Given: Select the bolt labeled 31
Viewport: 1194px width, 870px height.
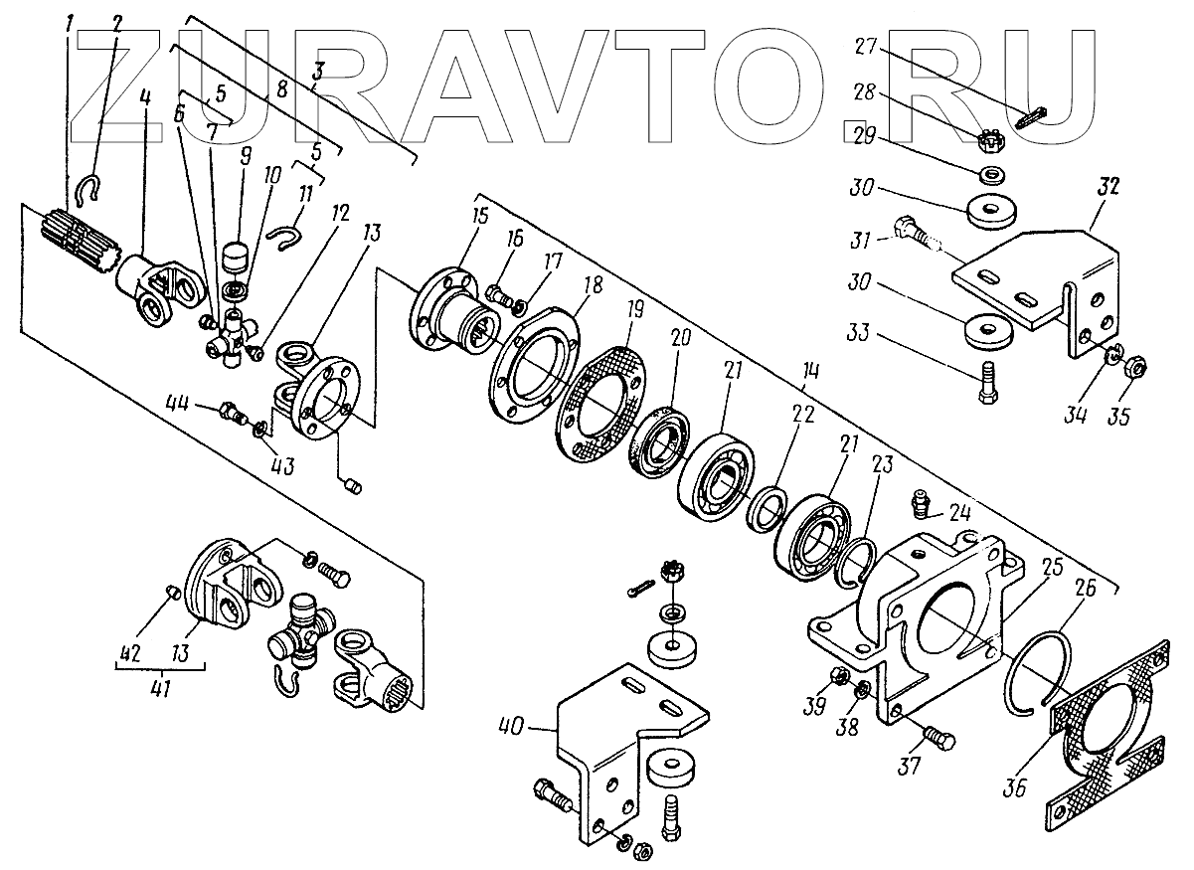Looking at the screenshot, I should click(916, 237).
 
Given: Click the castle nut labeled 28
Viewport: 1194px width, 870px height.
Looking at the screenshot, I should click(992, 141).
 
